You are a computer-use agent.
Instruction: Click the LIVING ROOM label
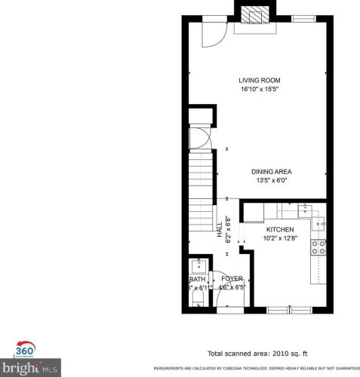click(x=260, y=80)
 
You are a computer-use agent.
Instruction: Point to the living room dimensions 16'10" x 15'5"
click(x=260, y=90)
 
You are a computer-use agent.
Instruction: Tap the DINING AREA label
click(x=271, y=171)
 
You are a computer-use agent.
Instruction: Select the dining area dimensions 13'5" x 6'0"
click(x=271, y=181)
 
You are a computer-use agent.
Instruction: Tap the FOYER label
click(x=232, y=278)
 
